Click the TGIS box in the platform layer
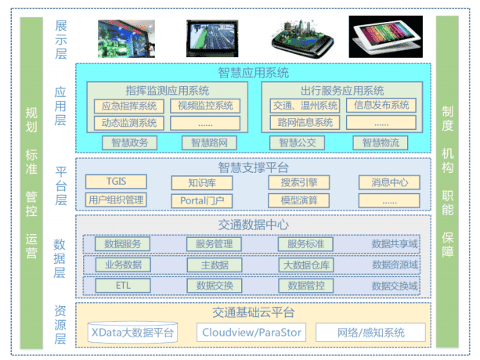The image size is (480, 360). (x=116, y=182)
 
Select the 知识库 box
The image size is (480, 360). (x=202, y=183)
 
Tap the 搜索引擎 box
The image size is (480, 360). (x=299, y=182)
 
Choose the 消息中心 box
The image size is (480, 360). (x=389, y=182)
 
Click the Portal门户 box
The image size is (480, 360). (x=202, y=200)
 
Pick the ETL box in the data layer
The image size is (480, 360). (x=123, y=286)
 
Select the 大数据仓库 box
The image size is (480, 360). (x=306, y=265)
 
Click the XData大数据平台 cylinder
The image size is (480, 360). (x=132, y=332)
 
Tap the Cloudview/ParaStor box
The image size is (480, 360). (x=251, y=332)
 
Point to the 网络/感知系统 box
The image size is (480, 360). (x=370, y=332)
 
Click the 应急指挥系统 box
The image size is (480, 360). (x=129, y=106)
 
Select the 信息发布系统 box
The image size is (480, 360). (x=381, y=105)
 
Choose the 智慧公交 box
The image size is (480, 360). (x=298, y=143)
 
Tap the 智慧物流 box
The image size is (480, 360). (x=381, y=143)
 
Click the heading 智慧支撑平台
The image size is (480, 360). (x=254, y=167)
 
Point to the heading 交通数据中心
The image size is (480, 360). (x=254, y=225)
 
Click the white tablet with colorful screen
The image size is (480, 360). (x=386, y=37)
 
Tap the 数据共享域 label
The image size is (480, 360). (x=395, y=244)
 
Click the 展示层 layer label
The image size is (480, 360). (x=61, y=40)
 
